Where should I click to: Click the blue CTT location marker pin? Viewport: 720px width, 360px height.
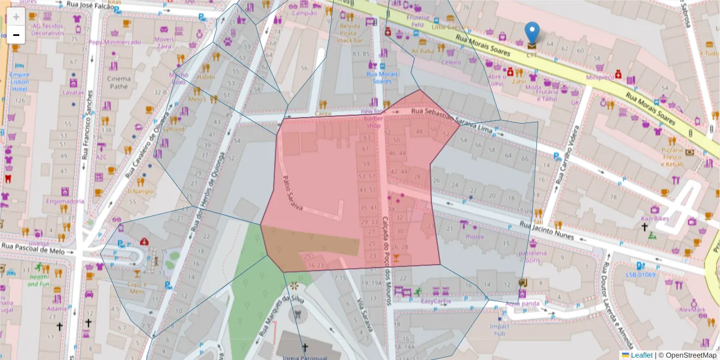coord(532,35)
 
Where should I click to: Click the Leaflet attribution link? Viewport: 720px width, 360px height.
coord(641,355)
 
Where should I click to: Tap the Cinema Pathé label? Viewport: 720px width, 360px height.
coord(118,82)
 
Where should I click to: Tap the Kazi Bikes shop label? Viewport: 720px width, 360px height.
coord(655,219)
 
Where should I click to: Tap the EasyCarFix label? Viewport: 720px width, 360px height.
coord(436,301)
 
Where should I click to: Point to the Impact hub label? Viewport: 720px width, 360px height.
coord(499,330)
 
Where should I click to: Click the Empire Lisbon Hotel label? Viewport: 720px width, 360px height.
coord(19,82)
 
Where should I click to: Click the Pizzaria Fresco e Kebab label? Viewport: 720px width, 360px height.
coord(673,157)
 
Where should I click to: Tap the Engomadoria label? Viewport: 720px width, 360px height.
coord(65,201)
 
